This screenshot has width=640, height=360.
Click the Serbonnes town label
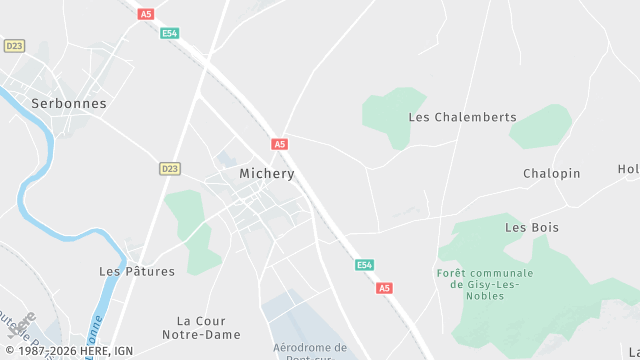point(69,103)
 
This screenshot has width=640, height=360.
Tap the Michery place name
point(267,173)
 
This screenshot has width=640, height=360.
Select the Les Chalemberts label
point(462,117)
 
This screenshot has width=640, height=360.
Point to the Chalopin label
point(551,173)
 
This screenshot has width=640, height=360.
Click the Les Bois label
point(531,227)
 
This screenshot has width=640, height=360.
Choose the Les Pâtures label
point(137,271)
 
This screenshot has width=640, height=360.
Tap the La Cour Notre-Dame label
point(204,328)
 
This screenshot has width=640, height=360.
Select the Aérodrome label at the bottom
point(310,348)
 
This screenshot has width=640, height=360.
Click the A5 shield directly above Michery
point(279,144)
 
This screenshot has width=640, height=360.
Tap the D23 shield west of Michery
point(170,169)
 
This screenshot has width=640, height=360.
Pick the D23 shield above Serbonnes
point(14,46)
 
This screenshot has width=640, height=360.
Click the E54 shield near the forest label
point(365,265)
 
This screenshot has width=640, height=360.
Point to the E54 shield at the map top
point(170,33)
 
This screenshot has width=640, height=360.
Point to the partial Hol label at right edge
point(629,169)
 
